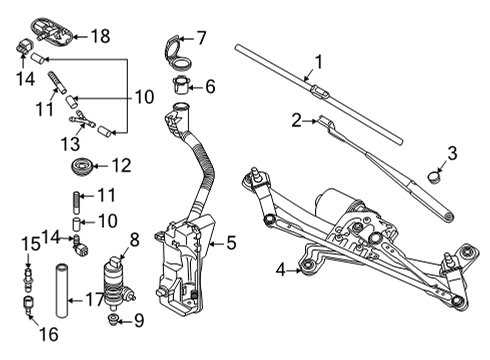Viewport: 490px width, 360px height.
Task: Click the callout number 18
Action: tap(100, 36)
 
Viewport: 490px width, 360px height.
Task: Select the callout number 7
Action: tap(201, 38)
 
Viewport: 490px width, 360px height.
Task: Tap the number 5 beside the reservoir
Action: tap(231, 243)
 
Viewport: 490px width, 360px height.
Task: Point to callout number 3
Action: tap(452, 154)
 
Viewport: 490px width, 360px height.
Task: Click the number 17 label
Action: tap(95, 300)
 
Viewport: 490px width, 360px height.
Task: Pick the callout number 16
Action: tap(49, 334)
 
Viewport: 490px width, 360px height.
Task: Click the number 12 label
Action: tap(122, 166)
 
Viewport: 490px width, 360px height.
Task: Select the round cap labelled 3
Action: tap(434, 177)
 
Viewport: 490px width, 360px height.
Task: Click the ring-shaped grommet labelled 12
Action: tap(81, 167)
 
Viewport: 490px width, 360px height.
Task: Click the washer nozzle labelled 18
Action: tap(52, 31)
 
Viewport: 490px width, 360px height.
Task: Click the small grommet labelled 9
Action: tap(114, 319)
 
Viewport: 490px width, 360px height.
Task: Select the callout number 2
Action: tap(296, 121)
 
